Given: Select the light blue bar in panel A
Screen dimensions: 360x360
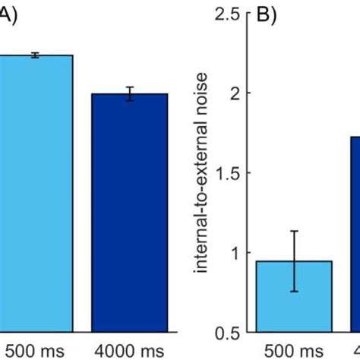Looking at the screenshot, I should (x=36, y=190).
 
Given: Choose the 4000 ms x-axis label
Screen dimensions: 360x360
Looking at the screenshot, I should (x=129, y=351).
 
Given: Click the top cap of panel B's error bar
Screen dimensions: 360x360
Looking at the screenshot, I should (x=295, y=231).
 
